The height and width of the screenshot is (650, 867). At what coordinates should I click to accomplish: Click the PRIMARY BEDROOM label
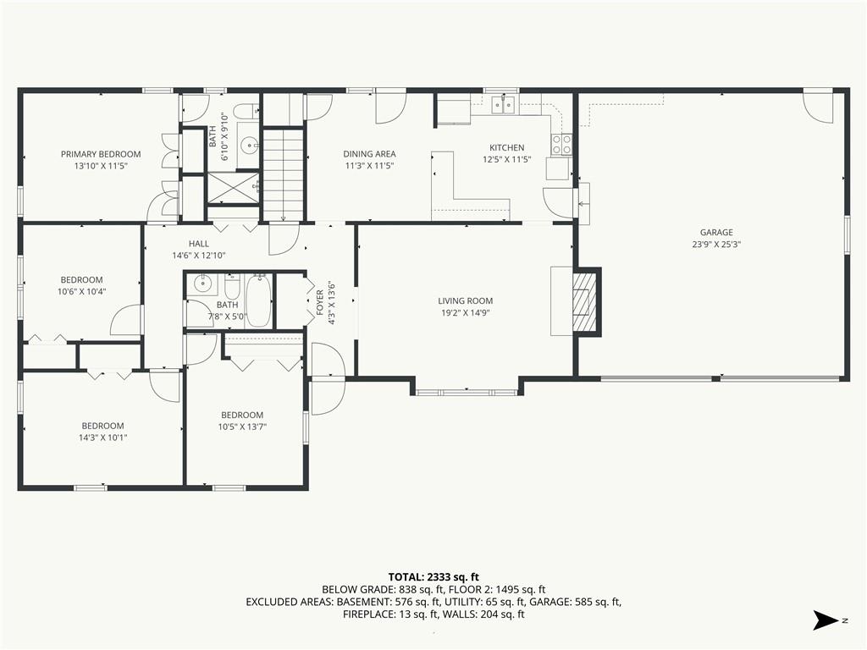(x=101, y=154)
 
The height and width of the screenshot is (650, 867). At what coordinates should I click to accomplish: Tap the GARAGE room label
(x=716, y=233)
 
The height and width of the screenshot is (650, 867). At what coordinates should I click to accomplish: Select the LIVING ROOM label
(x=465, y=301)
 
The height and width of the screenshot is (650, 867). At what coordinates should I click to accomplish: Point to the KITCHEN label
(x=506, y=147)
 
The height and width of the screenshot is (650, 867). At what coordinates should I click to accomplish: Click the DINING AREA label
(x=369, y=154)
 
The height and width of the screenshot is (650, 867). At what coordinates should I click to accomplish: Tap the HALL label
(x=198, y=244)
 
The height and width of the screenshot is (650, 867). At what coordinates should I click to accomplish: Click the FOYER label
(x=319, y=303)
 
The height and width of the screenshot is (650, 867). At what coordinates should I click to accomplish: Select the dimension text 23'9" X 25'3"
(x=716, y=245)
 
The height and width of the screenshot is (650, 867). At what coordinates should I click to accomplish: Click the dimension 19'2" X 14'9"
(x=465, y=313)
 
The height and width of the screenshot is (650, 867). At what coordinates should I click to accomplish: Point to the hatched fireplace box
(x=585, y=302)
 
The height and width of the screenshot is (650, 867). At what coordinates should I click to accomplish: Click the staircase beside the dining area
(x=283, y=174)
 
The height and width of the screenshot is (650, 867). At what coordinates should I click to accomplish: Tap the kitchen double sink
(x=504, y=104)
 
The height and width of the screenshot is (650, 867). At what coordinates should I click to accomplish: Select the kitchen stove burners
(x=561, y=145)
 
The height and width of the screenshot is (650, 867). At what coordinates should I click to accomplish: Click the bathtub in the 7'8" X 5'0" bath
(x=258, y=301)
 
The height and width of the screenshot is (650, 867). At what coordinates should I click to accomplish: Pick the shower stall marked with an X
(x=233, y=189)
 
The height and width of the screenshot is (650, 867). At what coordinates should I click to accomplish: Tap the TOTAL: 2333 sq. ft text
(x=433, y=577)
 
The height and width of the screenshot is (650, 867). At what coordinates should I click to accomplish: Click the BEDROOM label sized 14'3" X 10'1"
(x=102, y=426)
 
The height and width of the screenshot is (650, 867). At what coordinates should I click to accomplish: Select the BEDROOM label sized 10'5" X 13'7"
(x=242, y=415)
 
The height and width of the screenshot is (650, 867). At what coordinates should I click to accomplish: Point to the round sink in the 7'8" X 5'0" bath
(x=203, y=284)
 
